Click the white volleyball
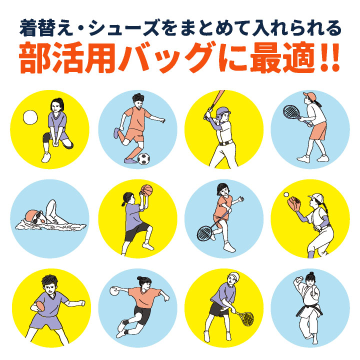[x=30, y=117]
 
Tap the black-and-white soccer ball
[x=143, y=158]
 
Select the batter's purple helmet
[x=222, y=112]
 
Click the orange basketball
[x=146, y=190]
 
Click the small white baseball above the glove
[x=286, y=194]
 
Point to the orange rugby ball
[x=40, y=306]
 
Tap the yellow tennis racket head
[x=247, y=318]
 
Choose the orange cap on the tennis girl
[x=309, y=95]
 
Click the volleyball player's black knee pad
[x=46, y=137]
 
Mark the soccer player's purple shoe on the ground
[x=130, y=160]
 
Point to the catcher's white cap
[x=316, y=197]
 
